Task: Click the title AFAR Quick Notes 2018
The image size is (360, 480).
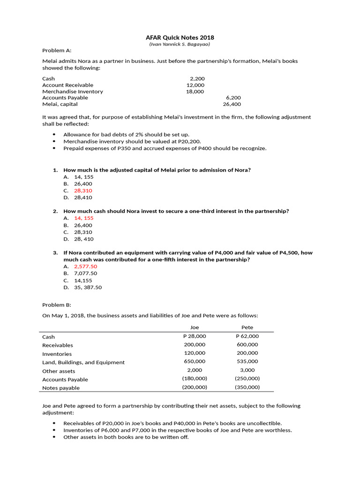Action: pyautogui.click(x=180, y=37)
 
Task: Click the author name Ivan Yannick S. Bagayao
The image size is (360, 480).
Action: pyautogui.click(x=180, y=44)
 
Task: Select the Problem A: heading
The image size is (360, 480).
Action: pyautogui.click(x=57, y=50)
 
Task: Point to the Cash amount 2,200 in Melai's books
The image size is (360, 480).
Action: pyautogui.click(x=197, y=79)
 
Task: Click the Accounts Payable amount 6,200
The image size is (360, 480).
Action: pyautogui.click(x=233, y=98)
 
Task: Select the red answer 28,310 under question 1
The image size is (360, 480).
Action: pyautogui.click(x=83, y=191)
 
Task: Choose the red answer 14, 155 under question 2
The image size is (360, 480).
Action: pyautogui.click(x=84, y=218)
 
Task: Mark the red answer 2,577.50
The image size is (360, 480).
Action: pyautogui.click(x=85, y=266)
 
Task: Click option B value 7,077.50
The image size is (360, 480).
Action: pyautogui.click(x=85, y=273)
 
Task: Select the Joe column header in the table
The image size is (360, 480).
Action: pyautogui.click(x=195, y=328)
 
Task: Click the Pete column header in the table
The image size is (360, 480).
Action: pyautogui.click(x=247, y=328)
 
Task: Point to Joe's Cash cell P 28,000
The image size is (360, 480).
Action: pyautogui.click(x=195, y=337)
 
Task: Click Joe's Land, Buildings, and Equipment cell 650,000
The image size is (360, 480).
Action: pyautogui.click(x=195, y=361)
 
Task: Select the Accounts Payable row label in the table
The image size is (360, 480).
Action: pyautogui.click(x=65, y=380)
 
